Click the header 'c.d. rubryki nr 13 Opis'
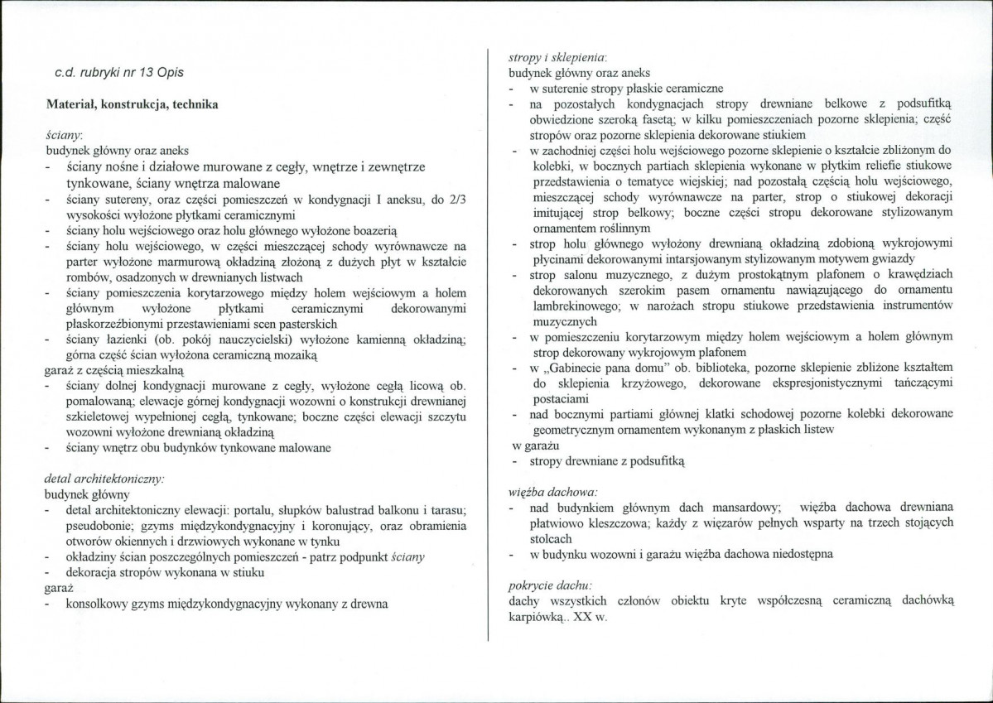click(119, 73)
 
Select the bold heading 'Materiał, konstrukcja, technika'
click(132, 105)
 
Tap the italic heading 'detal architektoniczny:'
click(104, 479)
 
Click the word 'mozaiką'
click(292, 354)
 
